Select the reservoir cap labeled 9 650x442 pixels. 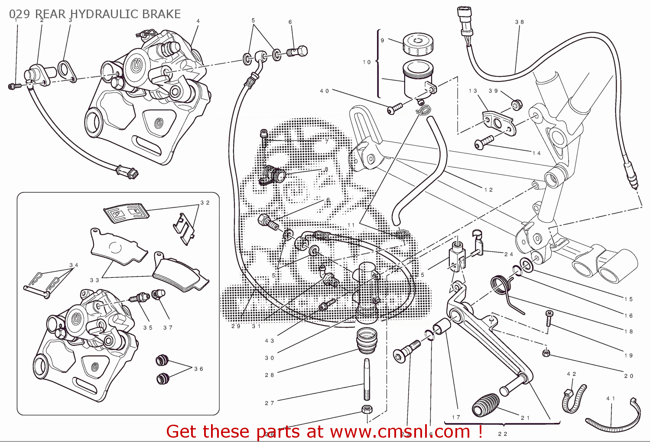pyautogui.click(x=418, y=44)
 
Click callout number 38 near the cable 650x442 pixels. pyautogui.click(x=519, y=22)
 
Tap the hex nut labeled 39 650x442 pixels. pyautogui.click(x=516, y=105)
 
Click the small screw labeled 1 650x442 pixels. pyautogui.click(x=13, y=87)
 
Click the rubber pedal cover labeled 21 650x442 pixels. pyautogui.click(x=485, y=405)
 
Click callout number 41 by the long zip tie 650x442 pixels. pyautogui.click(x=610, y=398)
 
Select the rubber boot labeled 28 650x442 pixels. pyautogui.click(x=367, y=341)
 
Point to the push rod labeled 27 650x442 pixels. pyautogui.click(x=367, y=380)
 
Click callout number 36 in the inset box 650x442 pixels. pyautogui.click(x=198, y=369)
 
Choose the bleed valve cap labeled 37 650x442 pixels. pyautogui.click(x=158, y=295)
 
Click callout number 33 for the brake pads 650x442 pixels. pyautogui.click(x=94, y=280)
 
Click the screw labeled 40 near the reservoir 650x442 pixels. pyautogui.click(x=395, y=108)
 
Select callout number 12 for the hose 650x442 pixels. pyautogui.click(x=488, y=190)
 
